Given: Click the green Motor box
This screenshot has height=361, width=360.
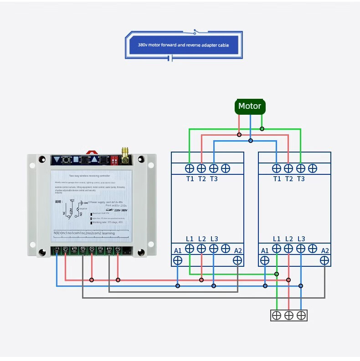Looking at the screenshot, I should pos(250,107).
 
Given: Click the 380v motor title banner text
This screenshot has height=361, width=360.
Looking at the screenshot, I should pos(183,45).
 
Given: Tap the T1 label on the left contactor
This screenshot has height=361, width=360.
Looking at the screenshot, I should pos(190,179).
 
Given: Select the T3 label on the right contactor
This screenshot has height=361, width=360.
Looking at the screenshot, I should pos(301,179).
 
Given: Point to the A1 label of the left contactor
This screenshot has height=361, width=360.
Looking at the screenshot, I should pos(178,250).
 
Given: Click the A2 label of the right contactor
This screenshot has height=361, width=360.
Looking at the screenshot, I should pos(325,250).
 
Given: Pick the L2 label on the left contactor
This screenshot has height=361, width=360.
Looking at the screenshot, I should pos(202,239).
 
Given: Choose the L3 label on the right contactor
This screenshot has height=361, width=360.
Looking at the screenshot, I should pos(301,239).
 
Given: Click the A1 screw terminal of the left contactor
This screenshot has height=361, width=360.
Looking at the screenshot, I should pos(178,260).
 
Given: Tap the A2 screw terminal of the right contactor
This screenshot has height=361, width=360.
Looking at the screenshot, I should pos(324,260).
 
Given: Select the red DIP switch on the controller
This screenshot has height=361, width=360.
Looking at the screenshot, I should pos(114,160).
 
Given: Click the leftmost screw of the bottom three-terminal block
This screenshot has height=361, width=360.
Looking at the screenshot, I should pos(277,315).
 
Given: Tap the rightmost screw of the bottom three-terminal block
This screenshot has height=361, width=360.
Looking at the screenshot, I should pos(301,315).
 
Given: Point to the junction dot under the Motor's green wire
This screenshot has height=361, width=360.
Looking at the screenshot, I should pos(262,129).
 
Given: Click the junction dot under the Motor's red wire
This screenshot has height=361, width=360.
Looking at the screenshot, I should pos(239,135).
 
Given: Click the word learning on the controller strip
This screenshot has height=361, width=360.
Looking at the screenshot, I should pos(108,233).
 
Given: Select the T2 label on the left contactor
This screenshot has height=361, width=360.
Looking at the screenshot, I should pos(202,179).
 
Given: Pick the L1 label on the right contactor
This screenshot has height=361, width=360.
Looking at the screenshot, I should pos(277,239).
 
